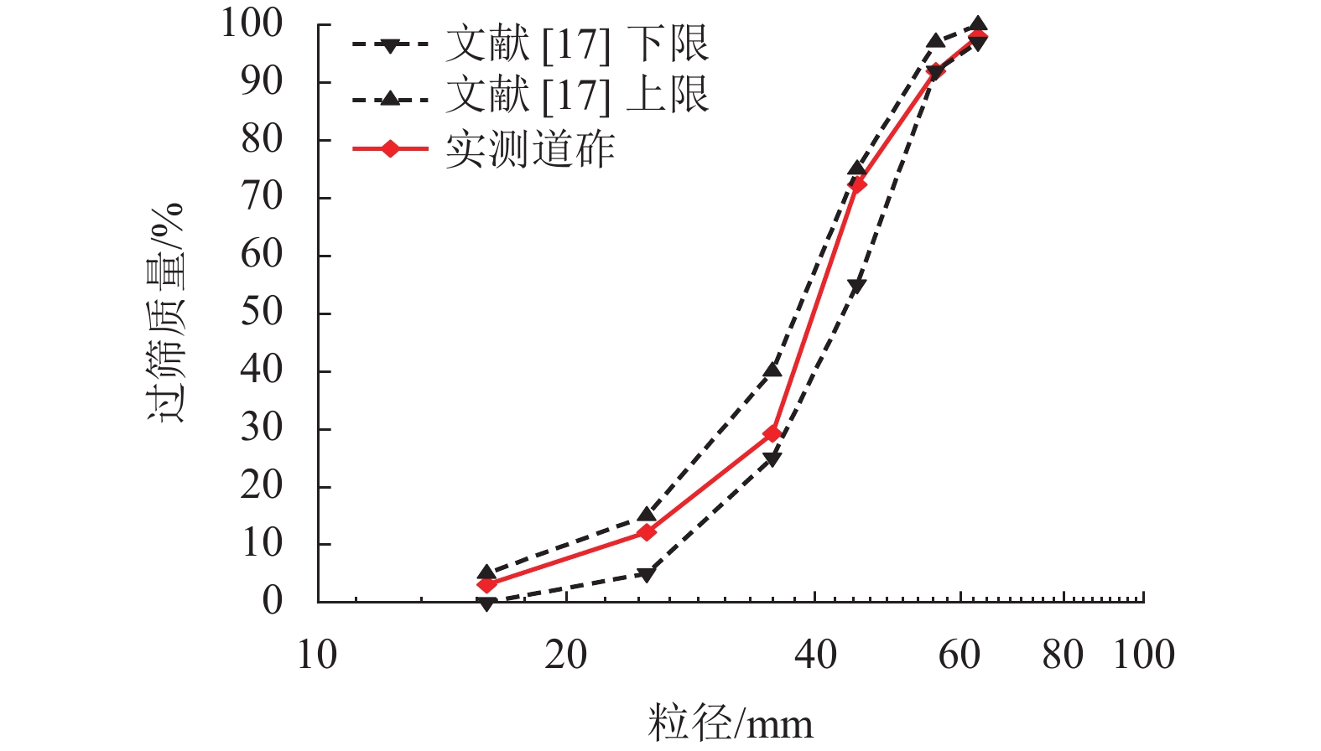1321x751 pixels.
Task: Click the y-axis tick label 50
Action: coord(262,313)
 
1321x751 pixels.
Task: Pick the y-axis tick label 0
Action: coord(273,601)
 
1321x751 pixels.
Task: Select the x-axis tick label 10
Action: coord(317,655)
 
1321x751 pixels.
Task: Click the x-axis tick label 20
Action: coord(566,655)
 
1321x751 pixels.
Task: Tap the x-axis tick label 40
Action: coord(815,655)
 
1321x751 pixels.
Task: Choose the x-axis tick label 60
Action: coord(960,655)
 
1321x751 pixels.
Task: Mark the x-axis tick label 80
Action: coord(1064,655)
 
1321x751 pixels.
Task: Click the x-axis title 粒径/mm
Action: coord(730,723)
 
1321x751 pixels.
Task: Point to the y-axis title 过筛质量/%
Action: coord(166,313)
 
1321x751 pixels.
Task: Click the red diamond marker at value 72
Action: coord(857,184)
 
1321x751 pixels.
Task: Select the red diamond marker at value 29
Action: coord(772,433)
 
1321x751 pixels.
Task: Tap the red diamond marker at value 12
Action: coord(647,532)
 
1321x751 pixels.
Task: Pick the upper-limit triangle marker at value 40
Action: coord(772,370)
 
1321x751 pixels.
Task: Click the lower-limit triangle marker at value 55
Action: coord(857,286)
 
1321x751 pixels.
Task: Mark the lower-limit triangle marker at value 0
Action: coord(486,603)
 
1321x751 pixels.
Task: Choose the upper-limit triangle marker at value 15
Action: coord(647,515)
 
